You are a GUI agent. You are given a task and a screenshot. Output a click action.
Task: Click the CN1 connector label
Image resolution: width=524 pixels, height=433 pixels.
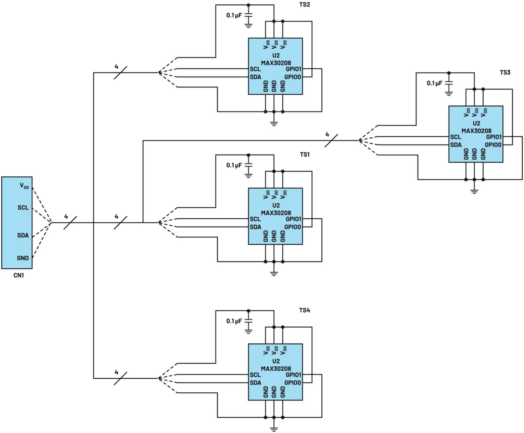click(x=18, y=275)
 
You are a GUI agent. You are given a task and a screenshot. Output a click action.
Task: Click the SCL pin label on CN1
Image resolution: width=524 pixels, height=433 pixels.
click(x=23, y=207)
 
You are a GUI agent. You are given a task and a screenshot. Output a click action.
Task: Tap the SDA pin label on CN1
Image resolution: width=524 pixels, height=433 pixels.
click(x=23, y=235)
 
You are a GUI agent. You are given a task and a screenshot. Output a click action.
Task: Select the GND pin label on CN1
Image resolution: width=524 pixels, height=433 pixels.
click(x=23, y=258)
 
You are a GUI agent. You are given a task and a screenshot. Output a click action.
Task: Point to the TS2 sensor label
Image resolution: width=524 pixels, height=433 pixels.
click(x=305, y=5)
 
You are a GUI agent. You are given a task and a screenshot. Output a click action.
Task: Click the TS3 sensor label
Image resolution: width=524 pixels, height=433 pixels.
click(x=505, y=72)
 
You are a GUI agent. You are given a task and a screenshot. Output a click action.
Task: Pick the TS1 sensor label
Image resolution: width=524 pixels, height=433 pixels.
click(x=305, y=154)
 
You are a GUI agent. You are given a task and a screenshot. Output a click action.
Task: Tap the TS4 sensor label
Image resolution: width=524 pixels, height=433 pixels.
click(x=305, y=310)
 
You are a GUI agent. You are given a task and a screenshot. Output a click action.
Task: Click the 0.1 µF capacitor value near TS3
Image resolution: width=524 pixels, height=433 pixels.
click(x=434, y=83)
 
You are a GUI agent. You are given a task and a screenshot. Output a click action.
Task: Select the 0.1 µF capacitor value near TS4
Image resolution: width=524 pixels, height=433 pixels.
click(x=234, y=321)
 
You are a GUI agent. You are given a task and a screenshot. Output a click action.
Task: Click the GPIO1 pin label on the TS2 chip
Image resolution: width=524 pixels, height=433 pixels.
click(x=293, y=69)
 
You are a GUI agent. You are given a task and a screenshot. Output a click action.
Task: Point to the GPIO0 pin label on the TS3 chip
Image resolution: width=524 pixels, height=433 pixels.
click(x=493, y=145)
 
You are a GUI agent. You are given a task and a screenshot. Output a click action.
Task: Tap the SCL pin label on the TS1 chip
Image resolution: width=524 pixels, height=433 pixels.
click(x=255, y=219)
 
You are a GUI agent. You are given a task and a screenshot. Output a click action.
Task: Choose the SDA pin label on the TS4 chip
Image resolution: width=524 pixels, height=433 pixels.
click(x=255, y=383)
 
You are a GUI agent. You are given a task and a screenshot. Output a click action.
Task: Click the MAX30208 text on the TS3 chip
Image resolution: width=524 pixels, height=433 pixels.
click(x=476, y=131)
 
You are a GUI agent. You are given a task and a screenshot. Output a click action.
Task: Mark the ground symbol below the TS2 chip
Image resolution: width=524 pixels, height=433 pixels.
click(x=274, y=123)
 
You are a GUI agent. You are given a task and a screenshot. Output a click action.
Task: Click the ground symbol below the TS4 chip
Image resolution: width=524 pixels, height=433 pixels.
click(x=274, y=429)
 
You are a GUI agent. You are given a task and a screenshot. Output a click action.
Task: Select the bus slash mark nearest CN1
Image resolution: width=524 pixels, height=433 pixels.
click(x=70, y=222)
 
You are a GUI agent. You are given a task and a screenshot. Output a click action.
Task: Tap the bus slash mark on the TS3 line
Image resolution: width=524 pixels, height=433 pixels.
click(x=331, y=140)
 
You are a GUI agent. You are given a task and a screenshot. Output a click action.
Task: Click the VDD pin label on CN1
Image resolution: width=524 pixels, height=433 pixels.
click(x=24, y=186)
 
